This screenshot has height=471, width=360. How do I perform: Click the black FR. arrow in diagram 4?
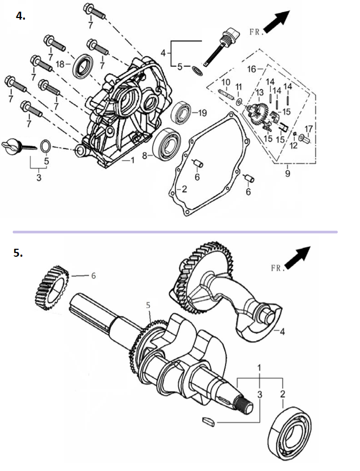[x=277, y=21]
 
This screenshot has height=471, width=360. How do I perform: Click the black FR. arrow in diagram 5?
[x=297, y=257]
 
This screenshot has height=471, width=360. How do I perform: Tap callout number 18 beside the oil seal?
[x=60, y=64]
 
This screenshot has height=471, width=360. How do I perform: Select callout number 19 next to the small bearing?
[x=203, y=113]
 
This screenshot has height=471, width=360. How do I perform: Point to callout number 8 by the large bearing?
[x=145, y=155]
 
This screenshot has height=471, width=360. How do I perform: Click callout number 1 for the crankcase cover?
[x=132, y=160]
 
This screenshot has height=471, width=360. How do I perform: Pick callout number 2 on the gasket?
[x=185, y=189]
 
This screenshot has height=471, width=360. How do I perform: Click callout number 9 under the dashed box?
[x=288, y=173]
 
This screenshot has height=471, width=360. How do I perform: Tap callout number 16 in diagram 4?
[x=252, y=69]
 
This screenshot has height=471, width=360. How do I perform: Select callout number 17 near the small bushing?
[x=309, y=129]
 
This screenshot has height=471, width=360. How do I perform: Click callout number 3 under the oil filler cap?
[x=39, y=178]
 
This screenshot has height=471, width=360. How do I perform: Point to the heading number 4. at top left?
[x=21, y=16]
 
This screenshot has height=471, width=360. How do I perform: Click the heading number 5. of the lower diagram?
[x=18, y=252]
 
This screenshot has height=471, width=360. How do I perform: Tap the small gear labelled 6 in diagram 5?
[x=51, y=288]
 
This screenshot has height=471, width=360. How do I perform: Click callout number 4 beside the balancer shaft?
[x=282, y=332]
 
